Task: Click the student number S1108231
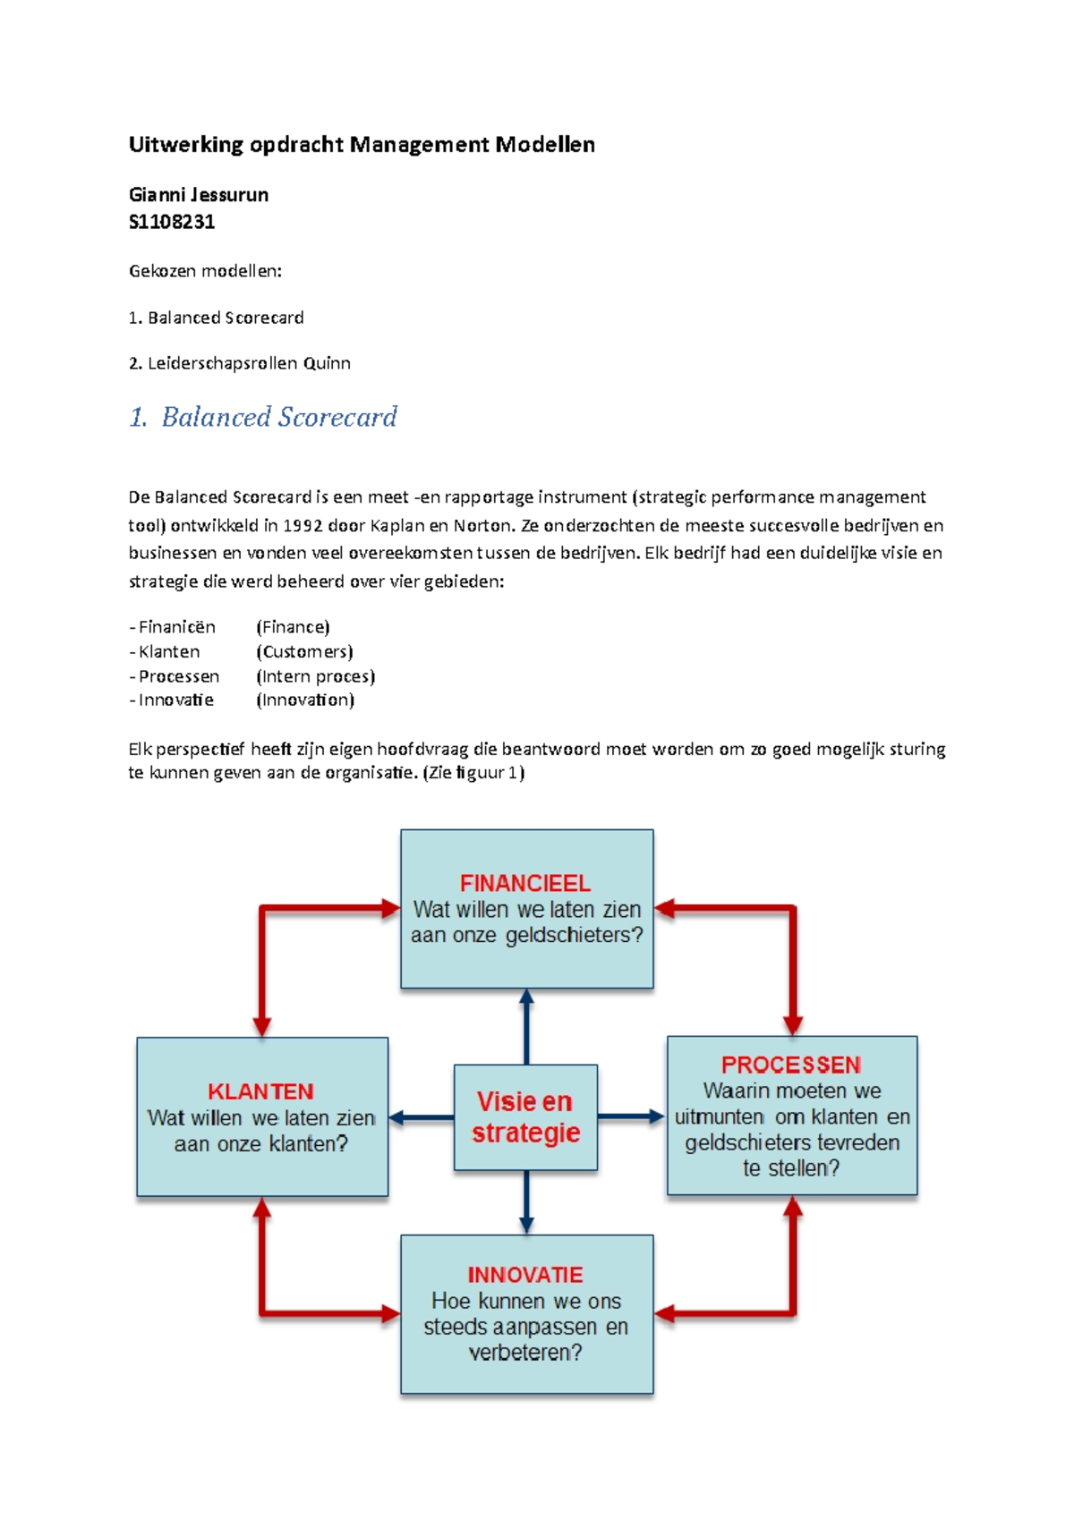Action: (172, 222)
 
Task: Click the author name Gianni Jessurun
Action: (199, 195)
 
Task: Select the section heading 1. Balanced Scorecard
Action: (263, 417)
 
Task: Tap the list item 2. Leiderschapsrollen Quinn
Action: (240, 363)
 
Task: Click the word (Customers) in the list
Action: (304, 652)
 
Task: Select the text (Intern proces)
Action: (315, 676)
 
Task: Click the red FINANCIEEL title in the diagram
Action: (525, 884)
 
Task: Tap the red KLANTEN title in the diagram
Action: (260, 1091)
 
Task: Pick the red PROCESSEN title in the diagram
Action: (791, 1065)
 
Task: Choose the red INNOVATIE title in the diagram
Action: (525, 1275)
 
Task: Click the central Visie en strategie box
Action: (525, 1117)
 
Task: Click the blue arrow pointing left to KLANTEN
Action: (421, 1117)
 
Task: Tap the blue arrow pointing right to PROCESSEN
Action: (632, 1116)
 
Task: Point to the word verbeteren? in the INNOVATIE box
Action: (525, 1353)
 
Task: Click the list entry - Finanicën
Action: (173, 627)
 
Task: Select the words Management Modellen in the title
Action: (472, 145)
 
